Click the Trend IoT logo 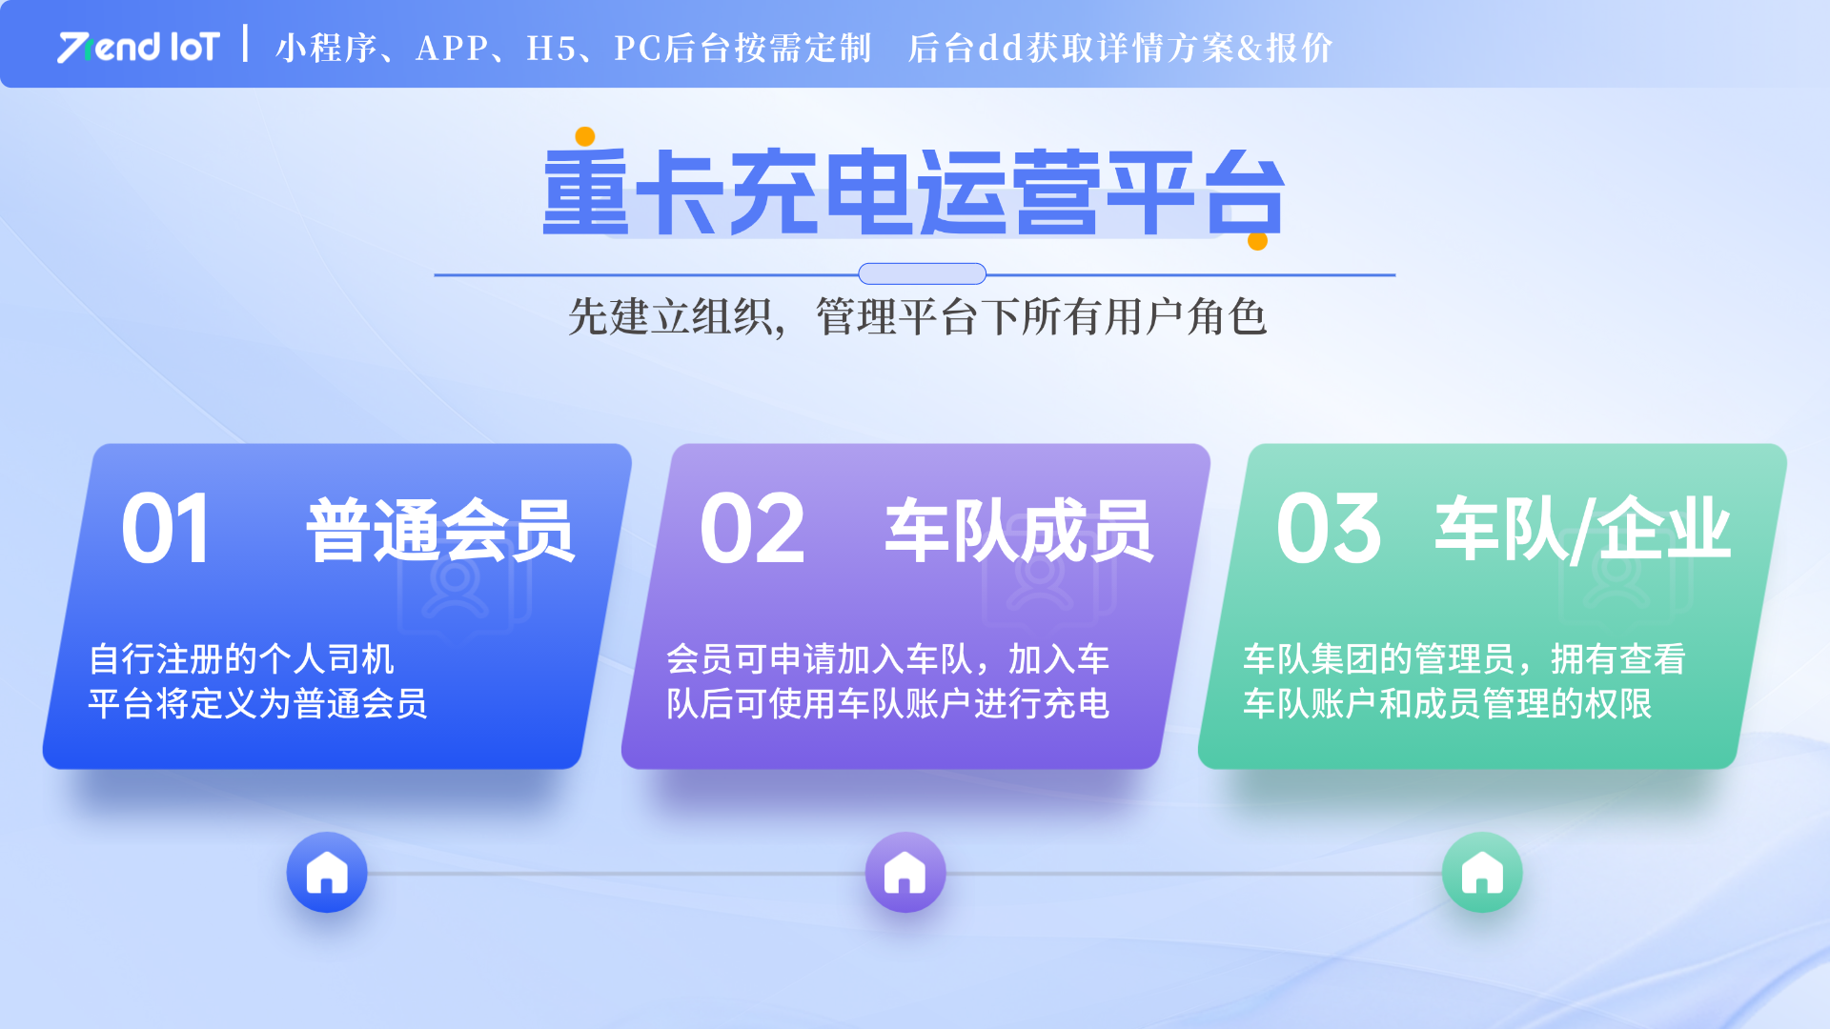point(139,47)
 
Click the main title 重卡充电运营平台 point(914,192)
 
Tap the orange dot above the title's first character point(585,137)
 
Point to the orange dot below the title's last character point(1257,241)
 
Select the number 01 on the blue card point(166,529)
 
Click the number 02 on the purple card point(752,529)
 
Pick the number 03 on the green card point(1329,529)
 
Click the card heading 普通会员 point(440,530)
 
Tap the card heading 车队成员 point(1019,530)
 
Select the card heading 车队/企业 point(1582,529)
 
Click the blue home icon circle point(327,873)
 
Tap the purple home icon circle point(905,873)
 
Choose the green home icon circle point(1482,873)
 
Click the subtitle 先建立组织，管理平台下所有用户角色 point(917,316)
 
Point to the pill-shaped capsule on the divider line point(922,274)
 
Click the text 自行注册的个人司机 point(241,658)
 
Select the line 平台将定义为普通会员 point(257,703)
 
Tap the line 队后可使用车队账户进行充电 point(887,703)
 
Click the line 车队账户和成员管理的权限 point(1447,703)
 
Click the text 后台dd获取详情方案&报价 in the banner point(1120,48)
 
